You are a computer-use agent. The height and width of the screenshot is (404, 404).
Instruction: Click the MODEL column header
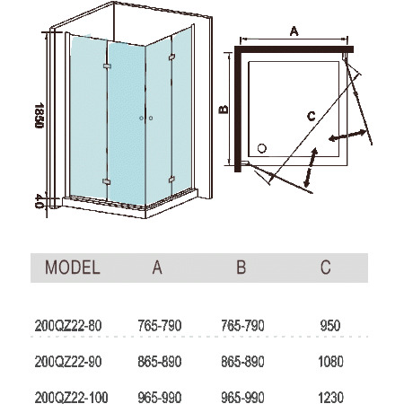pos(73,268)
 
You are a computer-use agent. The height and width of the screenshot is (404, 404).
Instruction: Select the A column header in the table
pos(157,268)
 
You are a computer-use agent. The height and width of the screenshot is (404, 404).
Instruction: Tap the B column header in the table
pos(242,268)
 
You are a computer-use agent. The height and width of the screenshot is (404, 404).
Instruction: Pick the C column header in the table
pos(326,268)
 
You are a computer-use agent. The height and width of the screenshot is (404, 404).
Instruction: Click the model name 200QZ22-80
pos(68,326)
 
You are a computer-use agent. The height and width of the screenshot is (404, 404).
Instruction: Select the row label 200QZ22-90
pos(68,362)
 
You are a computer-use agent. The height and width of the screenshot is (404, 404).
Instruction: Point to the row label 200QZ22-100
pos(71,398)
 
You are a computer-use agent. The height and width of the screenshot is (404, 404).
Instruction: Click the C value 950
pos(330,326)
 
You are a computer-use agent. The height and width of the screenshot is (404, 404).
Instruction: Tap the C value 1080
pos(330,362)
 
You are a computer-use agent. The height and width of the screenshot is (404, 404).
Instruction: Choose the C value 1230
pos(330,398)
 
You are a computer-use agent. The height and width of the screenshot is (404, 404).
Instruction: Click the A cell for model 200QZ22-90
pos(160,362)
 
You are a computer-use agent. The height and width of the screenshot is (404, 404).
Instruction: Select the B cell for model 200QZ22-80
pos(242,326)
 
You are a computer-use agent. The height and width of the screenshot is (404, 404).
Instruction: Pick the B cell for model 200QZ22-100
pos(242,398)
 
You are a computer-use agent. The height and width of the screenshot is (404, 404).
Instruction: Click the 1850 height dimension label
pos(40,116)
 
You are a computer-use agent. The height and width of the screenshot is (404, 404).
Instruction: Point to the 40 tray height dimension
pos(40,201)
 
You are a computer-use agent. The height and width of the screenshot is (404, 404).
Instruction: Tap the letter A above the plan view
pos(294,31)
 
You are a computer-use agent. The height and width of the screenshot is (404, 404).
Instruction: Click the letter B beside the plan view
pos(224,110)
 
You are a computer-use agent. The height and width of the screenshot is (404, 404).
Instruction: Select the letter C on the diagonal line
pos(312,117)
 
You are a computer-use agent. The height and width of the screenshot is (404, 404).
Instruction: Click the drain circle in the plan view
pos(262,148)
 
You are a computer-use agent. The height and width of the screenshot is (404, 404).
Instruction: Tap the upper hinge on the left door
pos(107,66)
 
